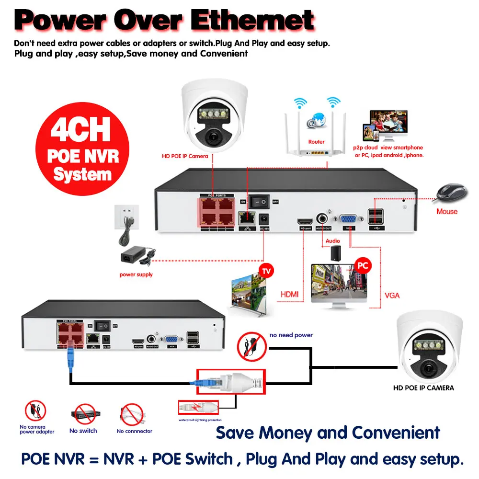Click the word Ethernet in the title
(x=252, y=21)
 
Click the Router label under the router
(x=316, y=142)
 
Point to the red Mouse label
(x=446, y=211)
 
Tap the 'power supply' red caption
(x=136, y=274)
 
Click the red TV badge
(x=266, y=272)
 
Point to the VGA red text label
(x=392, y=296)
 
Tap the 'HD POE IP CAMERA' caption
(x=423, y=388)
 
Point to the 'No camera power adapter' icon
(x=35, y=411)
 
